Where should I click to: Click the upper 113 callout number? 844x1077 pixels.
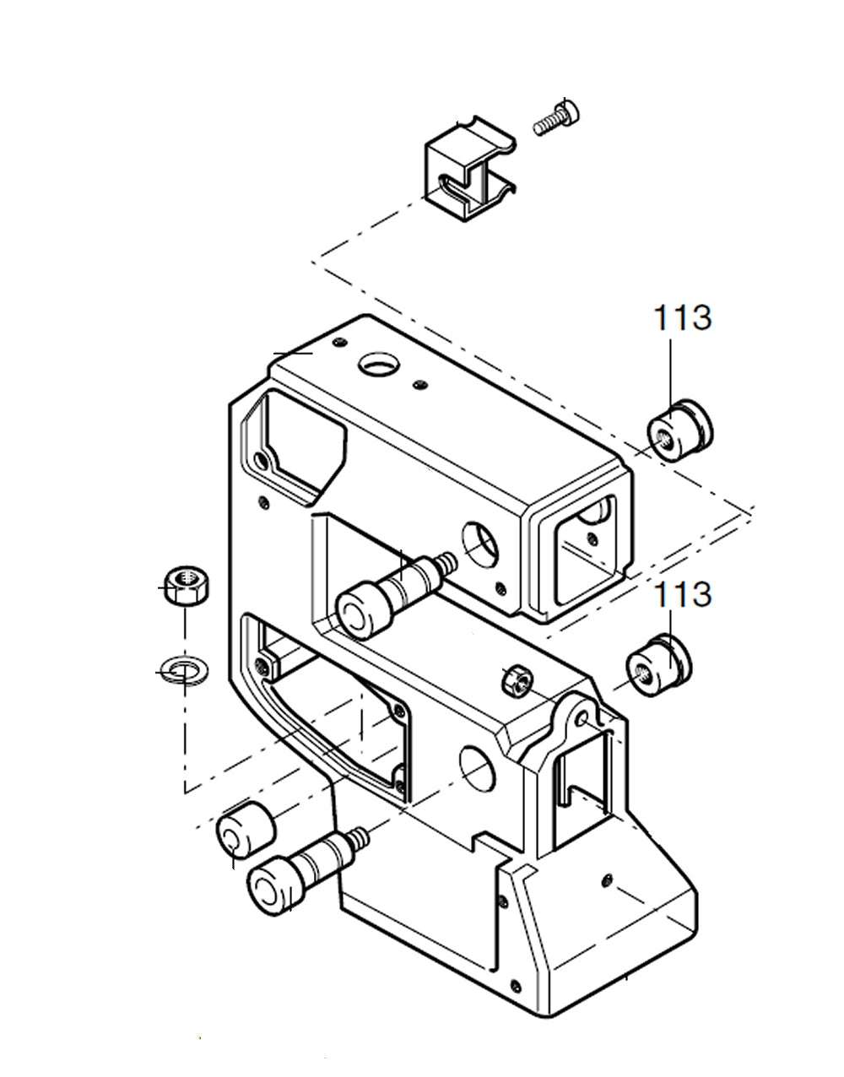pyautogui.click(x=681, y=318)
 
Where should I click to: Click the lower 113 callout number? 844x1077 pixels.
pyautogui.click(x=681, y=594)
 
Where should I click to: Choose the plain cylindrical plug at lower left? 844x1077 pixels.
pyautogui.click(x=244, y=831)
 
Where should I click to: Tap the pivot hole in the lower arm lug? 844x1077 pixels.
pyautogui.click(x=582, y=718)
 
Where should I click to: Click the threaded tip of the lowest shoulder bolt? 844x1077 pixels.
pyautogui.click(x=360, y=837)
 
